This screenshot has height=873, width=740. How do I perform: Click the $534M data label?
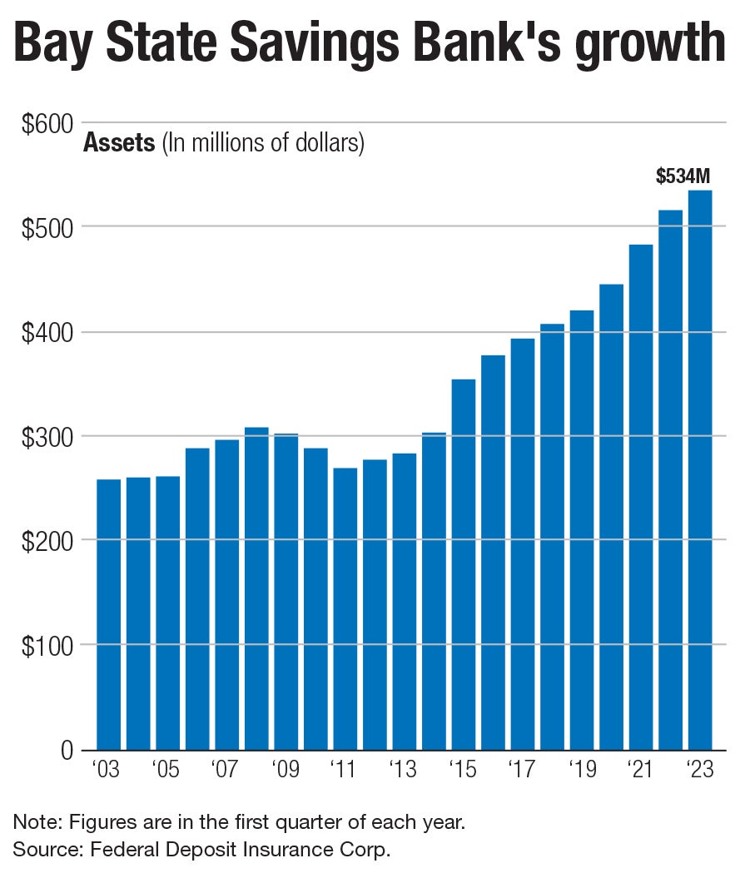[x=683, y=176]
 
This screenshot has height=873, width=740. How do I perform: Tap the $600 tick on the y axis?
[x=48, y=124]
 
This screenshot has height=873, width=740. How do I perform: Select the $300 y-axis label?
[x=48, y=437]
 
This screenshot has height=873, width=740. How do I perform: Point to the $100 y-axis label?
[x=48, y=646]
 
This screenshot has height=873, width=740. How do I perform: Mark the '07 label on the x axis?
[x=225, y=769]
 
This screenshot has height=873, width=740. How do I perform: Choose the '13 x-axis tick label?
[x=404, y=769]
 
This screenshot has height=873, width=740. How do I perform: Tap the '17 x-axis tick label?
[x=522, y=769]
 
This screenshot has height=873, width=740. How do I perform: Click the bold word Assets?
[x=119, y=144]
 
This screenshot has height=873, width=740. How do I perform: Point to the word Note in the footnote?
[x=32, y=823]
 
